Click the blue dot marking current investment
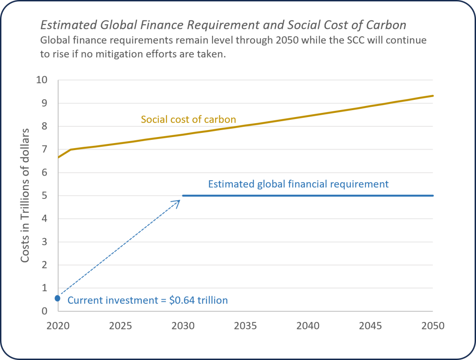pos(58,298)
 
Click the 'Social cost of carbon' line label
pos(188,119)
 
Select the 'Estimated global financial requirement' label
pos(298,184)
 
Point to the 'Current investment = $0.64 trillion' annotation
pos(148,300)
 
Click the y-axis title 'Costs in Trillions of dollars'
pos(25,195)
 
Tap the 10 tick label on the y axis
pos(42,80)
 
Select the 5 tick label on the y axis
pos(45,196)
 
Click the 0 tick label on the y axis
pos(45,311)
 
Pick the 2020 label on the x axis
pos(58,326)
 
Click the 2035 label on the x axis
pos(245,326)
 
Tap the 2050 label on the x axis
pos(433,326)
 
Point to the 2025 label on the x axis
pos(120,326)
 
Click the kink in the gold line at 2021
pos(70,150)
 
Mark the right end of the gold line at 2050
pos(433,96)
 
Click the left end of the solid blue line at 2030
pos(183,196)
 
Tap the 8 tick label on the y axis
pos(45,126)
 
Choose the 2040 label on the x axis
pos(308,326)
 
